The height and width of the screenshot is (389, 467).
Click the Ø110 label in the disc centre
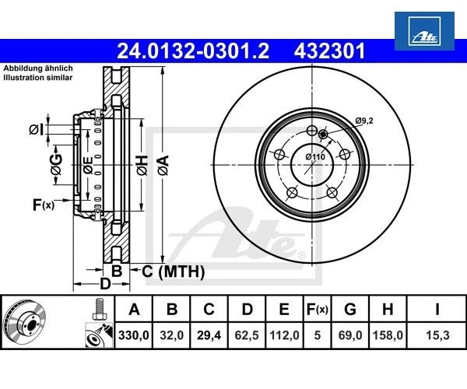[x=314, y=156]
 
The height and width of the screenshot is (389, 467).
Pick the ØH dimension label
[x=141, y=165]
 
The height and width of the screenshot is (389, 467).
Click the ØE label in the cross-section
[x=88, y=165]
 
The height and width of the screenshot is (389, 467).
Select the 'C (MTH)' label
[x=173, y=272]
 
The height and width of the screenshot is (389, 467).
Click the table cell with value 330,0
[x=134, y=337]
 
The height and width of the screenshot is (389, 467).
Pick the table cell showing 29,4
[x=209, y=337]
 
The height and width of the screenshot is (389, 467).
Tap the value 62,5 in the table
[x=246, y=337]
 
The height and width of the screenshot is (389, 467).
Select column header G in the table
[x=349, y=310]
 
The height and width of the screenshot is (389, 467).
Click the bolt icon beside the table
[x=98, y=309]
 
